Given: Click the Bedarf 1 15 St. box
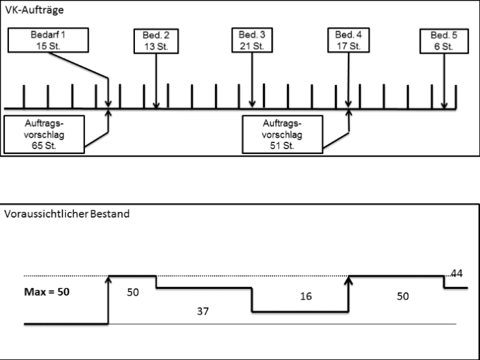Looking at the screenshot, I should (x=48, y=40).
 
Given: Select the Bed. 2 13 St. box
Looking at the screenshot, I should (x=156, y=40).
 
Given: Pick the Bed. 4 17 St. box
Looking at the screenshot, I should (x=348, y=40).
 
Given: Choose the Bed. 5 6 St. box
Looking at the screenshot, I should (x=441, y=40).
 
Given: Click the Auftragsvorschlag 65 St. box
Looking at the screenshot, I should (x=44, y=134).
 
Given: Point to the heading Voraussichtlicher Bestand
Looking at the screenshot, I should (x=66, y=214).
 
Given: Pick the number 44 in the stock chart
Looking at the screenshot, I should (x=456, y=274).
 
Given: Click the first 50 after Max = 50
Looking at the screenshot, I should (x=133, y=292).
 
